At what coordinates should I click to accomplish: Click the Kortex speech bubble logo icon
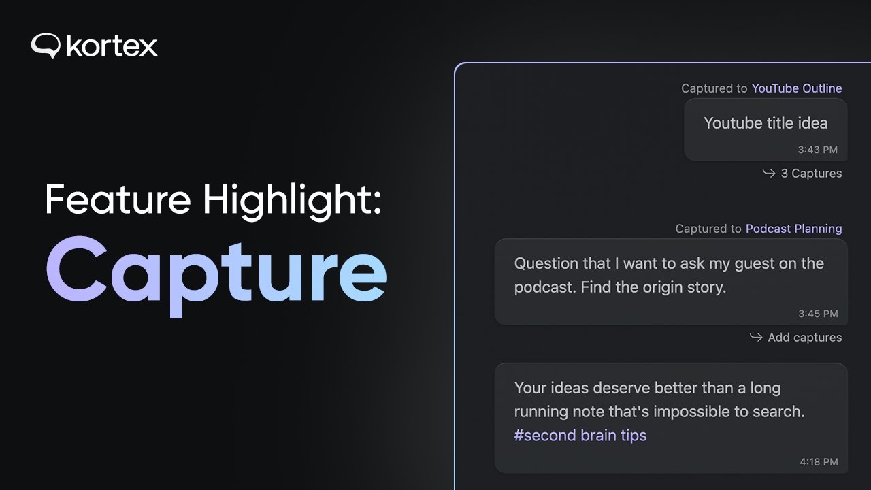[x=46, y=46]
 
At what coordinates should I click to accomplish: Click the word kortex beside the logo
[x=112, y=46]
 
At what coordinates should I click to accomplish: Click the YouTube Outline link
[x=796, y=88]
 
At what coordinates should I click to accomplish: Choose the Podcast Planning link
[x=793, y=229]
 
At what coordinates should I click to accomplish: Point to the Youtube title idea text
[x=766, y=123]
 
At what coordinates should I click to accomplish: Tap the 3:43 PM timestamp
[x=817, y=150]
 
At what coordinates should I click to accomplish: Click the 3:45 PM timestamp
[x=818, y=314]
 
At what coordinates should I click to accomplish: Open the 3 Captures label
[x=811, y=174]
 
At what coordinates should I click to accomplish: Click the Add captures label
[x=804, y=338]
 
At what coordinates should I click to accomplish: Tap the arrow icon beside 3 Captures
[x=769, y=174]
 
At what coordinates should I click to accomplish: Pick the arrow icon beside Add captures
[x=756, y=338]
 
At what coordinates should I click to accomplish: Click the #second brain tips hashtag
[x=580, y=436]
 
